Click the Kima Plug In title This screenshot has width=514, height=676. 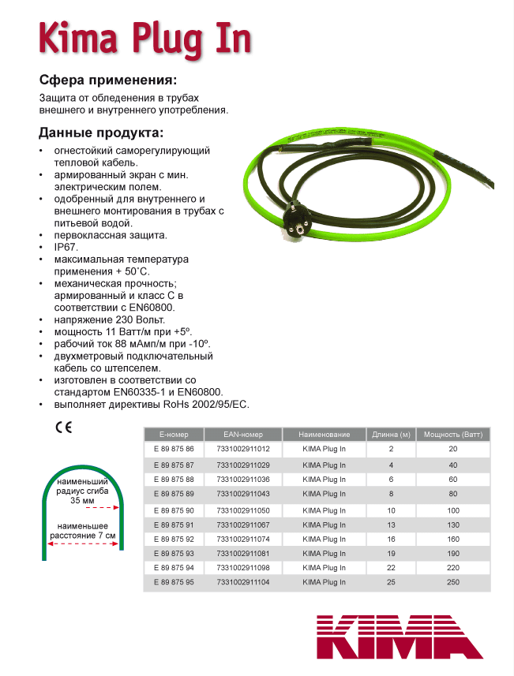click(x=145, y=38)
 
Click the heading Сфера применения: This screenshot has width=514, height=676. click(x=108, y=80)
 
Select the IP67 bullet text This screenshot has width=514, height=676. click(x=66, y=247)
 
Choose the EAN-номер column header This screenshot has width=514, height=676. click(x=242, y=435)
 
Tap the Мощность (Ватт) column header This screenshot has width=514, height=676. click(x=453, y=435)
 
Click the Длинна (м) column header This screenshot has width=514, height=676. click(x=391, y=435)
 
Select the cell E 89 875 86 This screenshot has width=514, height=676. click(x=173, y=449)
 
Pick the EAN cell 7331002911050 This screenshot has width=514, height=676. click(x=242, y=510)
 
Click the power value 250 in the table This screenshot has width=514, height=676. click(x=452, y=582)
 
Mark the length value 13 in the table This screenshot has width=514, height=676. click(x=391, y=525)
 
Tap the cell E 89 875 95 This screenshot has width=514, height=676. click(x=173, y=582)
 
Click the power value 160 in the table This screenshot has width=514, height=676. click(x=452, y=540)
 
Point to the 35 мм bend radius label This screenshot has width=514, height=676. click(x=81, y=500)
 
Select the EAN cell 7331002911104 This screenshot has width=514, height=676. click(x=242, y=582)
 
